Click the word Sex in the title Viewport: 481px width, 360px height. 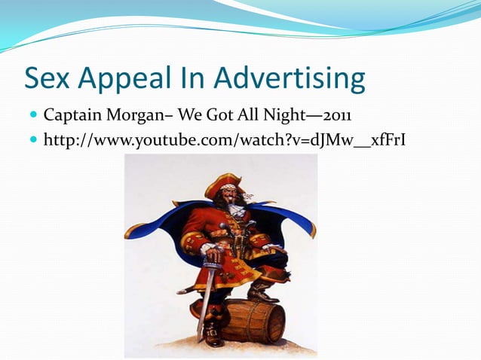click(49, 78)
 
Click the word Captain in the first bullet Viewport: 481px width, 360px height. click(70, 117)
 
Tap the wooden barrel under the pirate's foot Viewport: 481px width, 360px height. click(253, 321)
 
